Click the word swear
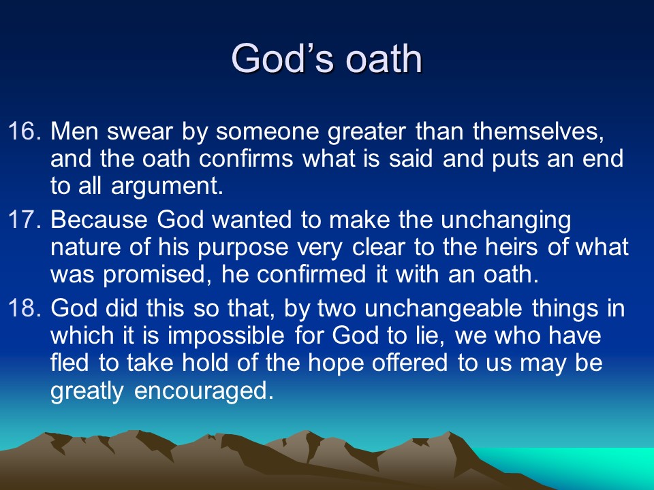(140, 131)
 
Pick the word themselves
(538, 131)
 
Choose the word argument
(168, 186)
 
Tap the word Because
(99, 220)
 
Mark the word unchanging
(505, 220)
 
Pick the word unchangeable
(443, 309)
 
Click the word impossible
(226, 336)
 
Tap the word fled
(69, 363)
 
